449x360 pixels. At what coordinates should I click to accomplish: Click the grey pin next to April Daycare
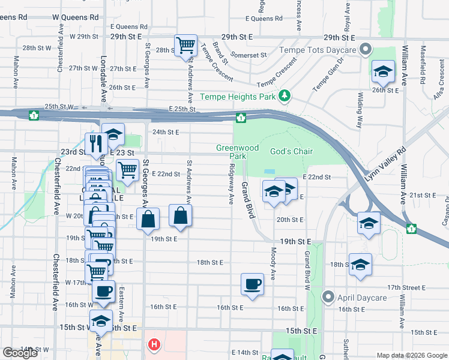tap(328, 296)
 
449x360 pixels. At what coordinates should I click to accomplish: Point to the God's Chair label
tap(291, 151)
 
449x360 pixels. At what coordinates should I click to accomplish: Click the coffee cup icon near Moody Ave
tap(252, 283)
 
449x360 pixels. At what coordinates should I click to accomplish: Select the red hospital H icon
tap(154, 344)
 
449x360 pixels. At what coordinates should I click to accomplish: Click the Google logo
tap(20, 353)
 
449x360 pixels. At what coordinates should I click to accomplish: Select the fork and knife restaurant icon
tap(96, 142)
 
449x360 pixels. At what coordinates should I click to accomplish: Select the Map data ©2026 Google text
tap(412, 355)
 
